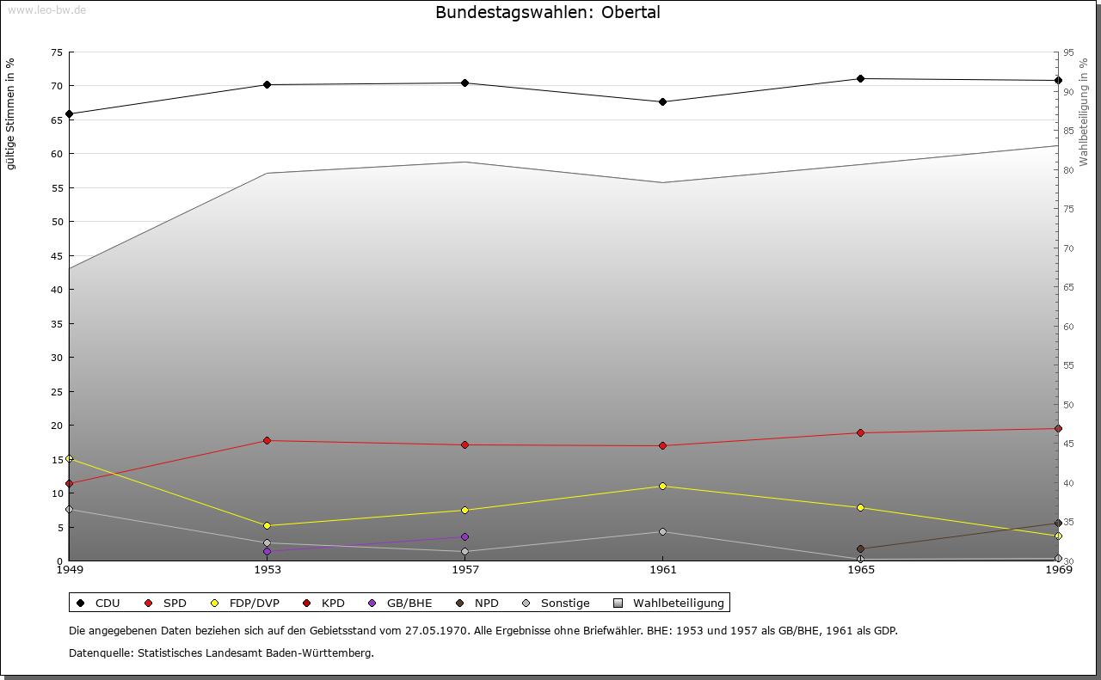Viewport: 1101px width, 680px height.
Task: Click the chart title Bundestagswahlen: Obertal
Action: (x=548, y=13)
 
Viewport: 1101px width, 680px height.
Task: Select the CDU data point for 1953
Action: (x=268, y=84)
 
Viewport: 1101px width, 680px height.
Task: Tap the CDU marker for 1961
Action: (x=662, y=101)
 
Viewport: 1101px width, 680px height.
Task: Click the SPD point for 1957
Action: (x=465, y=444)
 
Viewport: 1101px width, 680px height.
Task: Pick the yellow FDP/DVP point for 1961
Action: (x=662, y=486)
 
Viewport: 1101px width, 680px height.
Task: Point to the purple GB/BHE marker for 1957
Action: (x=465, y=536)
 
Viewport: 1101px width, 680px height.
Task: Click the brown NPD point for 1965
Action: (x=860, y=548)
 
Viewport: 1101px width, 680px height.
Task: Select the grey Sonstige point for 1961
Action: (x=662, y=531)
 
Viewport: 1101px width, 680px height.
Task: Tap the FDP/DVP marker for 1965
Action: (x=860, y=507)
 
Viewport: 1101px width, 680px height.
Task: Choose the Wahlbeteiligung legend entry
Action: (x=669, y=603)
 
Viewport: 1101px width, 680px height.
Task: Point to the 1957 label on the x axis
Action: (x=465, y=569)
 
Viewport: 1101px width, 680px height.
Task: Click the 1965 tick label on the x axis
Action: (x=860, y=569)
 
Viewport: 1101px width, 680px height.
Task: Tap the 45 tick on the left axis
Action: (x=57, y=255)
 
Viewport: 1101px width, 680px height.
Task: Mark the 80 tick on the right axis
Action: (x=1069, y=169)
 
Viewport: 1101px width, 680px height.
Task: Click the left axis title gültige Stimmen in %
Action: (x=11, y=113)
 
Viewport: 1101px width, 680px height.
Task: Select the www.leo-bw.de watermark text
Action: (x=46, y=9)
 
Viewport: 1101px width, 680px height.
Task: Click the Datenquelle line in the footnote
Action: (x=221, y=652)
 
